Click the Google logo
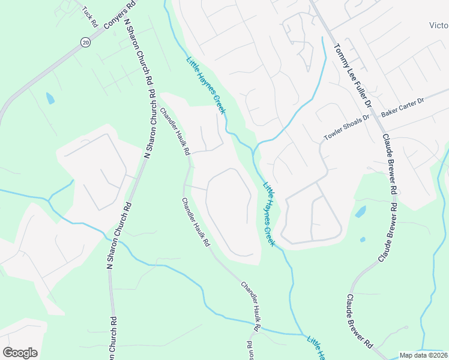pos(20,352)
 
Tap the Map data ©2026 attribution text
pos(423,355)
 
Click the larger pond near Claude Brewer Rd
pos(360,211)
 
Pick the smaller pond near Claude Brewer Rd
pos(363,239)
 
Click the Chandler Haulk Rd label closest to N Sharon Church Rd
pos(175,130)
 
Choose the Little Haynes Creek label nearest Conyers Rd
pos(205,85)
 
